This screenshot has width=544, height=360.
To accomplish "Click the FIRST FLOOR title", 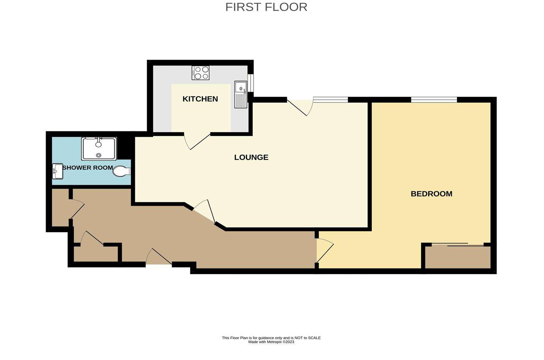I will (x=266, y=7).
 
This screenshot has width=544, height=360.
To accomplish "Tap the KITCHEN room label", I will (x=200, y=99).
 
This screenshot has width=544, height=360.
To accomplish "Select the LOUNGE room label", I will (x=251, y=157).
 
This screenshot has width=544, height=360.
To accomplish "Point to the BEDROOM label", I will (x=431, y=194).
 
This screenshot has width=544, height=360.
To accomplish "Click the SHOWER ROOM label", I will (x=88, y=168).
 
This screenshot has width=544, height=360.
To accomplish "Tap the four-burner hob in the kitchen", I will (x=201, y=72).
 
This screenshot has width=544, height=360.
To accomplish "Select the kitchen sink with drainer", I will (x=241, y=94).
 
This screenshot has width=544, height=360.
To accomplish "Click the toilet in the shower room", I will (x=121, y=171).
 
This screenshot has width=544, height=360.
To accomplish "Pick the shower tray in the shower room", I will (x=99, y=149).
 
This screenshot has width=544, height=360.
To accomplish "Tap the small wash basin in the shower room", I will (x=58, y=171).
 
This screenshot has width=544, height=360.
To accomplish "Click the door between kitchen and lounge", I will (x=197, y=141).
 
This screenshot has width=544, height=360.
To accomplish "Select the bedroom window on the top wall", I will (x=434, y=100).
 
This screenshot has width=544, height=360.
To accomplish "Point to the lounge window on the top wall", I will (x=330, y=100).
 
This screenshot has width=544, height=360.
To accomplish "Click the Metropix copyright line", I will (x=271, y=342).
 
